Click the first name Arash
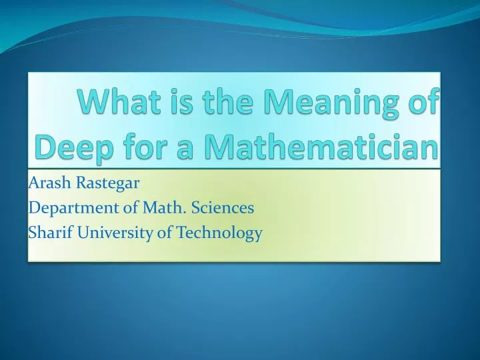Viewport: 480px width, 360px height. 47,182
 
